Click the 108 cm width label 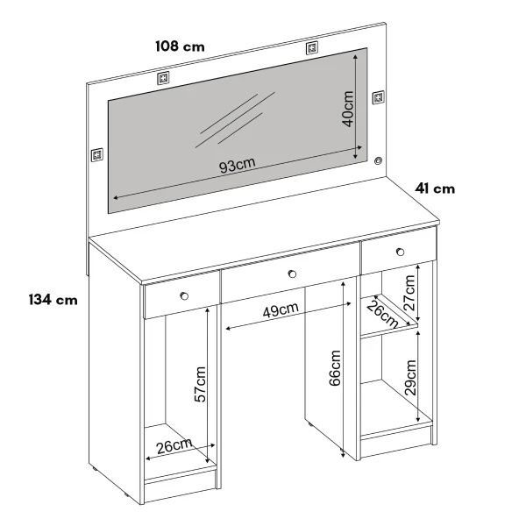pyautogui.click(x=180, y=46)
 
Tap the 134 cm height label pyautogui.click(x=53, y=300)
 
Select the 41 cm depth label pyautogui.click(x=435, y=188)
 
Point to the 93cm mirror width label pyautogui.click(x=238, y=165)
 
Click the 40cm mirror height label pyautogui.click(x=348, y=109)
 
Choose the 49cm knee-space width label pyautogui.click(x=281, y=309)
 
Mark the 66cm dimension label pyautogui.click(x=335, y=368)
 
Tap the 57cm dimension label pyautogui.click(x=200, y=385)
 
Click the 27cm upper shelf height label pyautogui.click(x=409, y=293)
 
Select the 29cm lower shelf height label pyautogui.click(x=410, y=378)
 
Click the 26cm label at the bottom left pyautogui.click(x=174, y=446)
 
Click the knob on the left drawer pyautogui.click(x=184, y=296)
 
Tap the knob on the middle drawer pyautogui.click(x=292, y=274)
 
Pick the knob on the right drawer pyautogui.click(x=400, y=252)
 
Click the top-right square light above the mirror pyautogui.click(x=312, y=48)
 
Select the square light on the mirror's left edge pyautogui.click(x=97, y=154)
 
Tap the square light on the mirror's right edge pyautogui.click(x=379, y=97)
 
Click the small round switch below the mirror pyautogui.click(x=379, y=160)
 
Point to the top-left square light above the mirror pyautogui.click(x=163, y=78)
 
